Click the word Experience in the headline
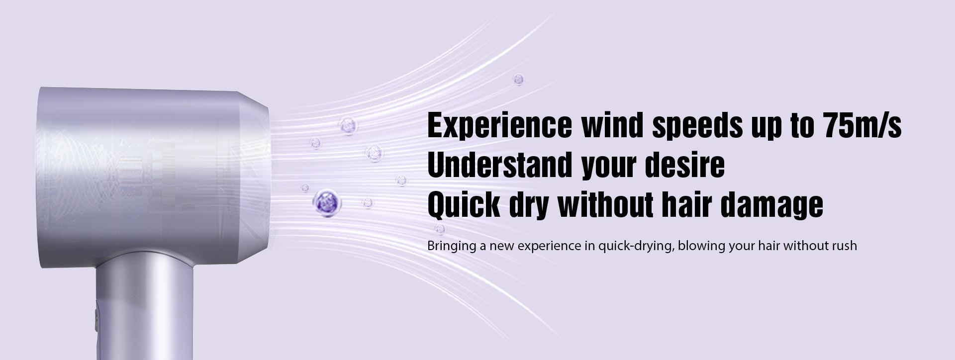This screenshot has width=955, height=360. coord(500,126)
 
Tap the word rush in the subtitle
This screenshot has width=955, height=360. coord(844,246)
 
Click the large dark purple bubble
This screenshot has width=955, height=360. coord(327,201)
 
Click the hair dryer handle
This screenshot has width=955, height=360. coord(144,308)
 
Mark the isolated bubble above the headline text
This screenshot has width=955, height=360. coord(518,79)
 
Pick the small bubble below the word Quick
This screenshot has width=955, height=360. coord(440,229)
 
